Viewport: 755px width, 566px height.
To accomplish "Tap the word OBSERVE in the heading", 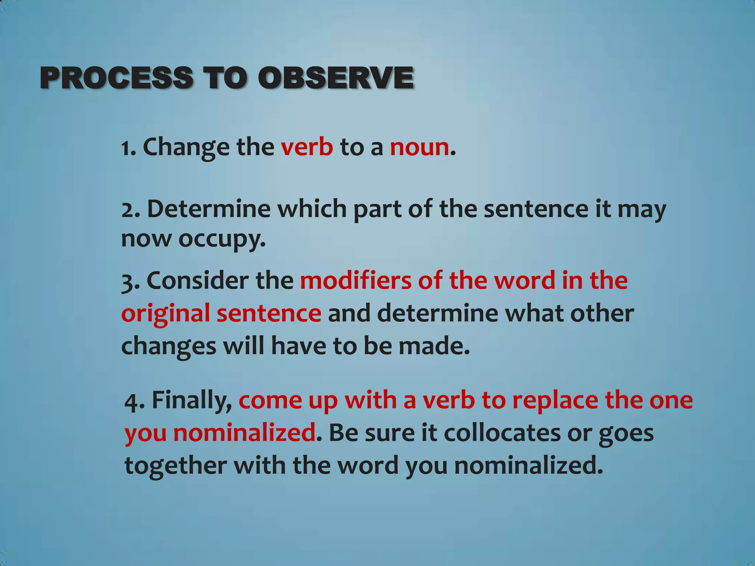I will tap(335, 78).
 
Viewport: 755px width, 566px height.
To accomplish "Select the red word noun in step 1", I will tap(420, 147).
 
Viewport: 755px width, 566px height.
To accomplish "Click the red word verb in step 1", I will tap(307, 147).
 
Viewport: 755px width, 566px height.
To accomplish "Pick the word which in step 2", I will tap(312, 209).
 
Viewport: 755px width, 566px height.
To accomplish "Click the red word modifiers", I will tap(355, 281).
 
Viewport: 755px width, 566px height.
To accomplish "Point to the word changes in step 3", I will tap(168, 346).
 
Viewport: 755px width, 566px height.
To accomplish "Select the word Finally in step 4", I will tap(192, 401).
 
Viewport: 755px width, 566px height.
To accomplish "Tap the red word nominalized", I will tap(244, 433).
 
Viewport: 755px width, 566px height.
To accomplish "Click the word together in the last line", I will tap(175, 465).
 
